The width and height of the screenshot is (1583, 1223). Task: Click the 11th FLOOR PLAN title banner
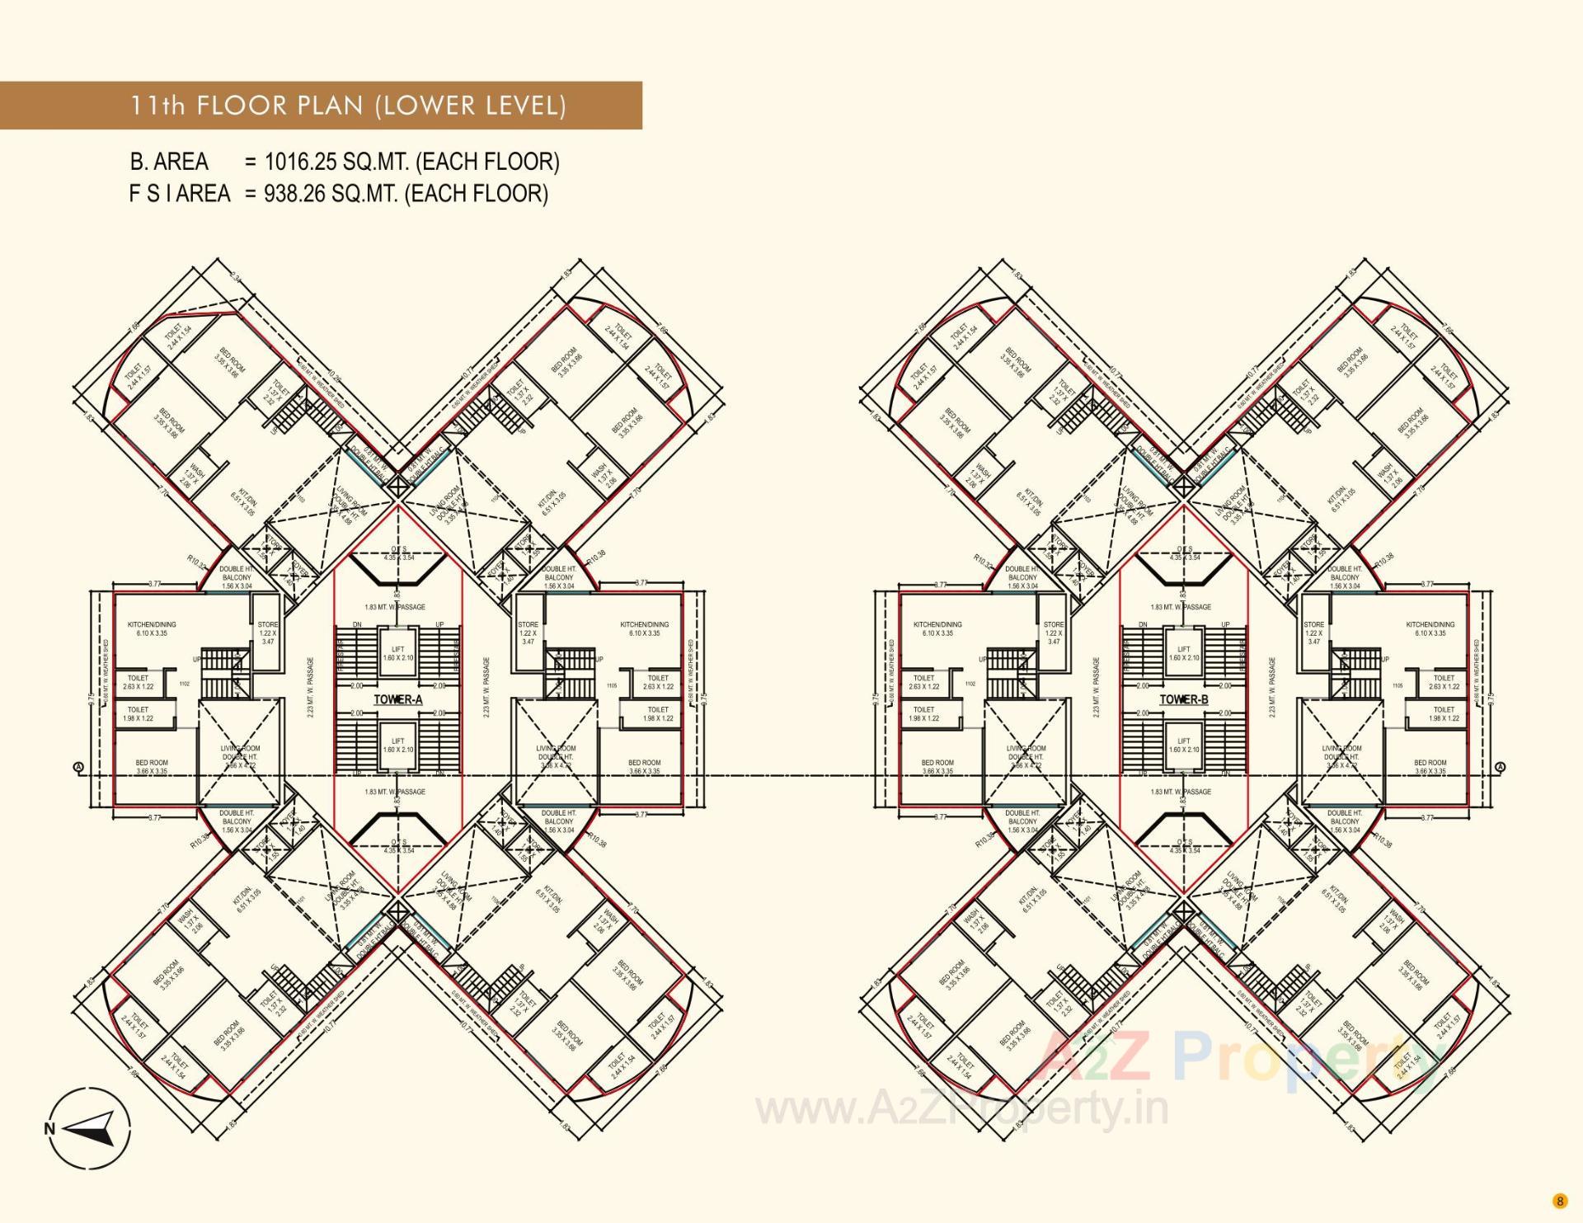tap(348, 106)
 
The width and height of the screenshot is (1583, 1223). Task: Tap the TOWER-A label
tap(398, 699)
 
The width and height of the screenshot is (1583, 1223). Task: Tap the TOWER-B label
tap(1184, 699)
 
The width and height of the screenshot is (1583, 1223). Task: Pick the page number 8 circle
tap(1559, 1200)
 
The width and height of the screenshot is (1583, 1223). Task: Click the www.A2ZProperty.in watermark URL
tap(961, 1110)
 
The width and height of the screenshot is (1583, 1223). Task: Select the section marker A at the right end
tap(1501, 767)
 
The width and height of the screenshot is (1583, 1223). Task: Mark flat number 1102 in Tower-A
tap(185, 684)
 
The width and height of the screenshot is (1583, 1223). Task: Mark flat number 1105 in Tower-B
tap(1397, 685)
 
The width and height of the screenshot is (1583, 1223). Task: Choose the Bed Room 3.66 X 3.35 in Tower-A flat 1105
tap(644, 767)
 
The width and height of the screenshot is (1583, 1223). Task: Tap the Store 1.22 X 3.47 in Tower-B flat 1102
tap(1054, 633)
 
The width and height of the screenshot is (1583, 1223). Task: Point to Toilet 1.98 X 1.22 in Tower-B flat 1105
tap(1443, 714)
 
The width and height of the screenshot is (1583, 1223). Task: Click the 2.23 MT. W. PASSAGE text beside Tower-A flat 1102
tap(311, 687)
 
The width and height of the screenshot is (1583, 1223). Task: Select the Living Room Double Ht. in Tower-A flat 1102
tap(240, 757)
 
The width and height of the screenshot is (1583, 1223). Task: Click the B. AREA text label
tap(169, 162)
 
